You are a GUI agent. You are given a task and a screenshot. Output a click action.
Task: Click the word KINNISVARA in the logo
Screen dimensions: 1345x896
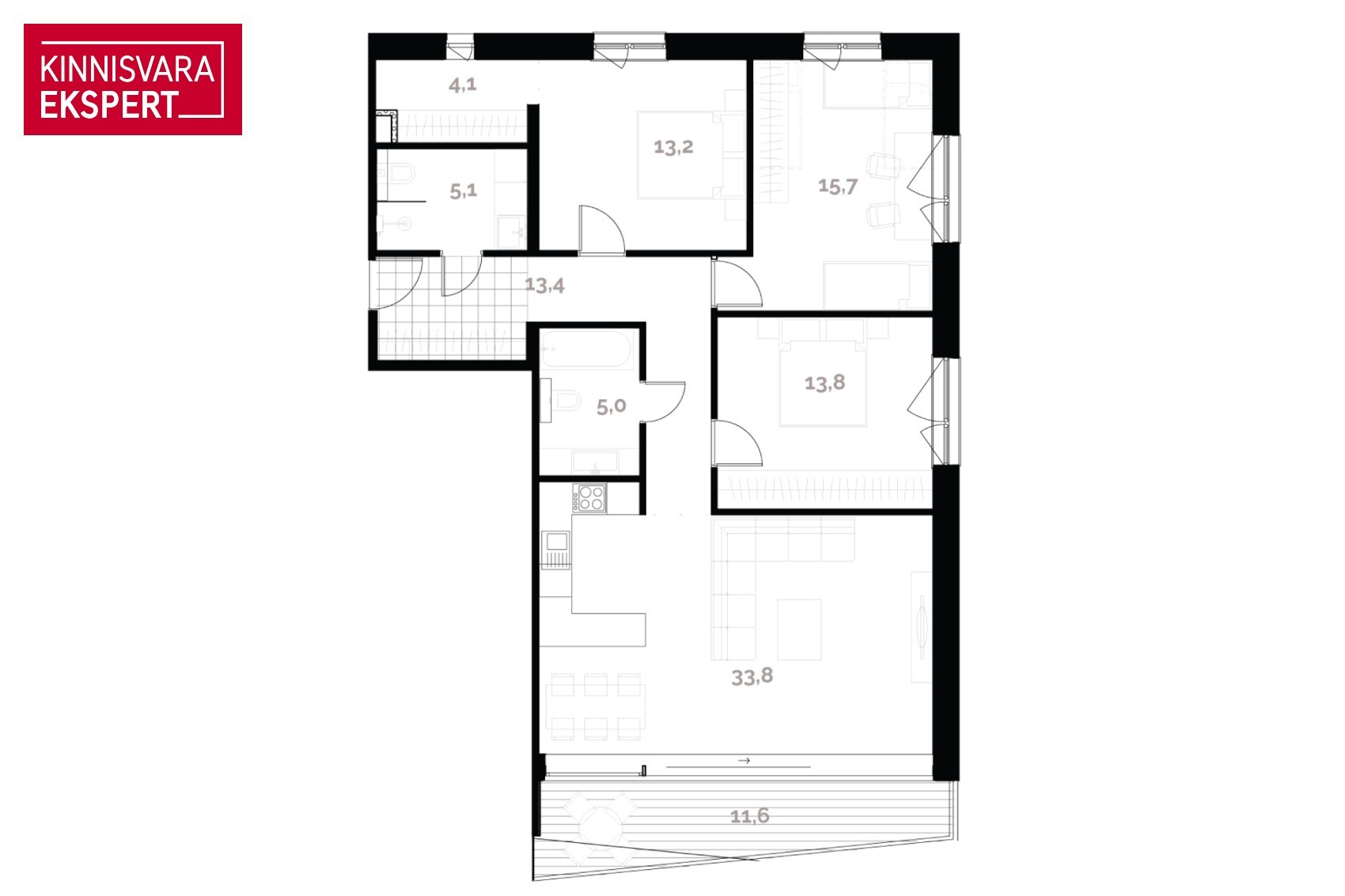127,70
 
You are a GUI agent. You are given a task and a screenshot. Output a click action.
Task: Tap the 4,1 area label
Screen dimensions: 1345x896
462,85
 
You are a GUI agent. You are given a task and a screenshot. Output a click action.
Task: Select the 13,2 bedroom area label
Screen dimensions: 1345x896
673,147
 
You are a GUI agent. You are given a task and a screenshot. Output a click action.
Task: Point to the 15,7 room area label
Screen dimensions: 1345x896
838,186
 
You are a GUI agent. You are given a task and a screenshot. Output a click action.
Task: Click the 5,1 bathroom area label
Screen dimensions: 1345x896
463,191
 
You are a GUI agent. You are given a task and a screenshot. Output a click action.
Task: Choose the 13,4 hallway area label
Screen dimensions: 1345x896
544,285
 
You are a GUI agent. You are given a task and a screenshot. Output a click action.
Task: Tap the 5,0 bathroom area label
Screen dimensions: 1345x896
612,406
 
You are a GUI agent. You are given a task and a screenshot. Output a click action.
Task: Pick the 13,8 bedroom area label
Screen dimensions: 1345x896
824,382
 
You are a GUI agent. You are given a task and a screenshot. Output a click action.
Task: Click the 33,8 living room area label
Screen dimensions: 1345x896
752,677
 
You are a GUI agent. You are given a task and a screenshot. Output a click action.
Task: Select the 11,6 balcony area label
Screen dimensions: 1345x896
749,815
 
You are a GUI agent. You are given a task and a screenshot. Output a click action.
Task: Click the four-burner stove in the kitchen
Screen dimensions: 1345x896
589,497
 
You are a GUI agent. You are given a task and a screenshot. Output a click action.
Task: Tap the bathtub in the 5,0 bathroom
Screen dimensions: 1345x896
586,349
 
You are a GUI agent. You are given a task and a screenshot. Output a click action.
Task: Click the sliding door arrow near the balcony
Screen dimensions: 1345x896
744,760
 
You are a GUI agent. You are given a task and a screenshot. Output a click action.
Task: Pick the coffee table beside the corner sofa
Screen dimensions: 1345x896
799,629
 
